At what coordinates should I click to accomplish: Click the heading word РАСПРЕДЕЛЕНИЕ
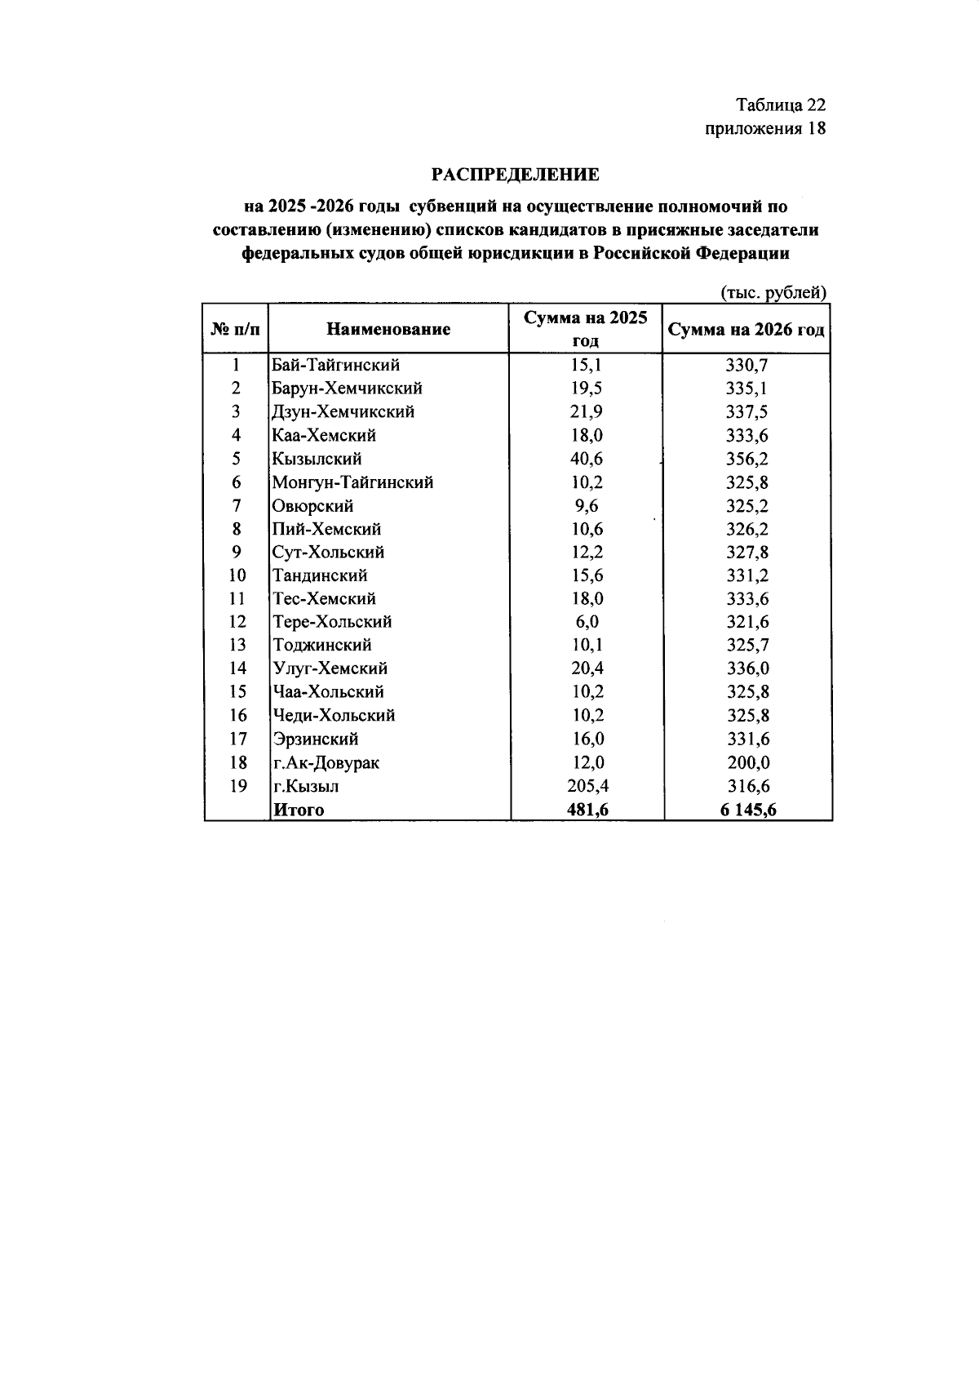pos(515,175)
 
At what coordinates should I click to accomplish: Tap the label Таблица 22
pos(781,105)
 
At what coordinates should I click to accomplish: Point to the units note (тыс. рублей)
pos(773,292)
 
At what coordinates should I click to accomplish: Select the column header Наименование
pos(388,329)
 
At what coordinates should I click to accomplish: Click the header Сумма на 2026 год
pos(746,330)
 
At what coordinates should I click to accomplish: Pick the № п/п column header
pos(236,330)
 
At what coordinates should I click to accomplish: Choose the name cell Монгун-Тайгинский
pos(352,482)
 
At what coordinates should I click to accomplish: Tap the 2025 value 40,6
pos(586,459)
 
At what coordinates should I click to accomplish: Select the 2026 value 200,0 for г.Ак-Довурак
pos(747,763)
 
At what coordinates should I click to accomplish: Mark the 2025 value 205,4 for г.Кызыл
pos(587,786)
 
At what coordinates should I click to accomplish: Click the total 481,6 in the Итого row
pos(587,810)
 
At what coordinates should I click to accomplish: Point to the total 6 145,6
pos(746,810)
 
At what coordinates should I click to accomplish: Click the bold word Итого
pos(299,810)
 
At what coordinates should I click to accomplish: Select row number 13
pos(237,645)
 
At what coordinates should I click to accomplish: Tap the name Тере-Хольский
pos(332,622)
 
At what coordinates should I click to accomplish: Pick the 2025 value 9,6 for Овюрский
pos(586,506)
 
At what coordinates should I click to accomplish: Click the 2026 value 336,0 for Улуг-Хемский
pos(747,668)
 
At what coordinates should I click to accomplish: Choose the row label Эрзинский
pos(315,739)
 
